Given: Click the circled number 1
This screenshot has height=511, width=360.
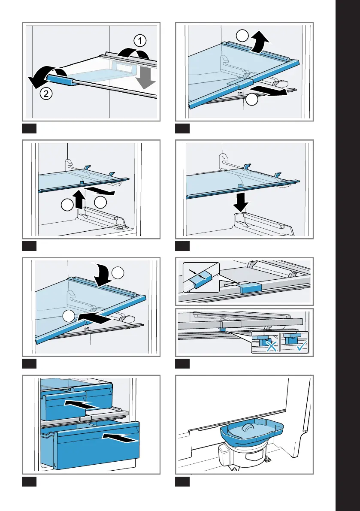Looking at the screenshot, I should pos(139,41).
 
